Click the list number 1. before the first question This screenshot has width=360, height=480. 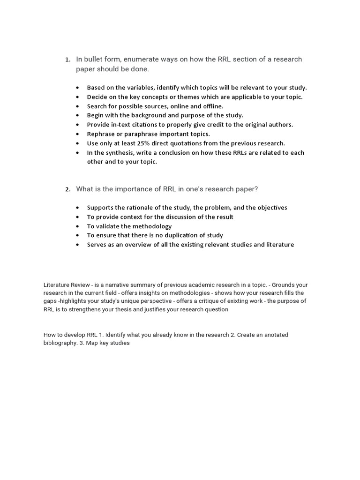67,60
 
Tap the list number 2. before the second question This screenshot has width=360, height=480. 67,189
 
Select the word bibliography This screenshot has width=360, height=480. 61,343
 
